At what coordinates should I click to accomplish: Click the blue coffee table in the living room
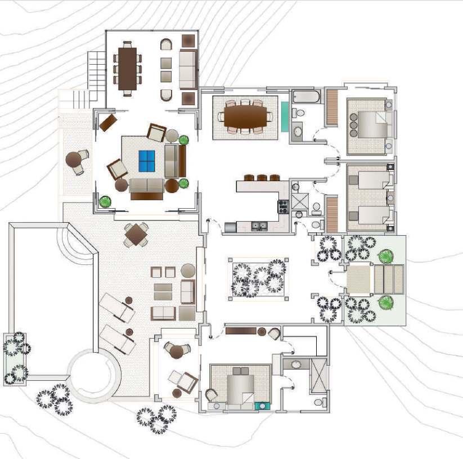[147, 161]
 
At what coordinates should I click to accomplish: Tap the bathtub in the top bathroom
[306, 96]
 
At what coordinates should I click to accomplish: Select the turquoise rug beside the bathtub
[285, 116]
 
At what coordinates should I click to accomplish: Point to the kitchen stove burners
[282, 206]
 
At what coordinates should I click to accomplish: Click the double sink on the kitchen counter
[259, 227]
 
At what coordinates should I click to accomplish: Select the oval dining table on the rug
[245, 117]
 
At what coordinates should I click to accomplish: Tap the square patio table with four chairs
[136, 235]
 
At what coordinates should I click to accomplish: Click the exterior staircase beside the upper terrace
[96, 70]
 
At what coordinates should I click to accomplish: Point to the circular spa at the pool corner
[94, 375]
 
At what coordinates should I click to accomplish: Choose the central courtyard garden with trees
[259, 278]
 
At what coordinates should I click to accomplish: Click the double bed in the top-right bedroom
[368, 125]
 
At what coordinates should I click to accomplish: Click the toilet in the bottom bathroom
[320, 402]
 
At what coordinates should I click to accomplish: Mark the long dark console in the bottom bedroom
[241, 331]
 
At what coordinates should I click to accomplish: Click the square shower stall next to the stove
[299, 201]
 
